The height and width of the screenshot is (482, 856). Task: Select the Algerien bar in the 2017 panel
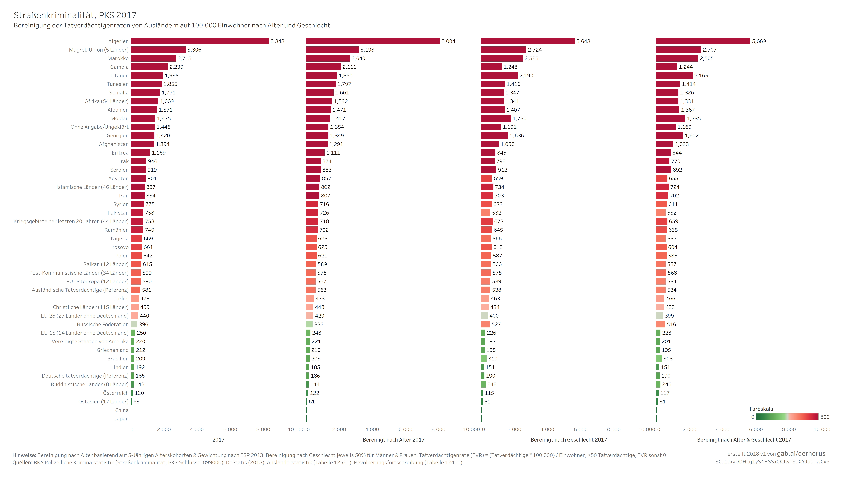[x=200, y=41]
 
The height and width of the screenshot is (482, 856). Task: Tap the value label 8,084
[x=448, y=41]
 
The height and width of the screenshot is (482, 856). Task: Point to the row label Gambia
[x=119, y=67]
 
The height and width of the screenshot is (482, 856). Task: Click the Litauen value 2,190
[x=526, y=76]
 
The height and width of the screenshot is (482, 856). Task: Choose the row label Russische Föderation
[x=103, y=324]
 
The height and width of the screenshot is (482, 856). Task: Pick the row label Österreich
[x=116, y=393]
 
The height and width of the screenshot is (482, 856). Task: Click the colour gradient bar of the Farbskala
[x=787, y=417]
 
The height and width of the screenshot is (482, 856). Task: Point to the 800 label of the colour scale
[x=825, y=417]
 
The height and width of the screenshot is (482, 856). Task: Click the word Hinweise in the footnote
[x=24, y=455]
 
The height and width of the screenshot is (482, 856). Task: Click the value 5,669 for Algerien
[x=759, y=41]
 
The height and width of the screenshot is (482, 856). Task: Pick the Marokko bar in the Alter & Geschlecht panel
[x=677, y=58]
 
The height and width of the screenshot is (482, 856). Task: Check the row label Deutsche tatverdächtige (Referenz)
[x=85, y=376]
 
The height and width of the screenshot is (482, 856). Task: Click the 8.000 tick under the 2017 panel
[x=263, y=429]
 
